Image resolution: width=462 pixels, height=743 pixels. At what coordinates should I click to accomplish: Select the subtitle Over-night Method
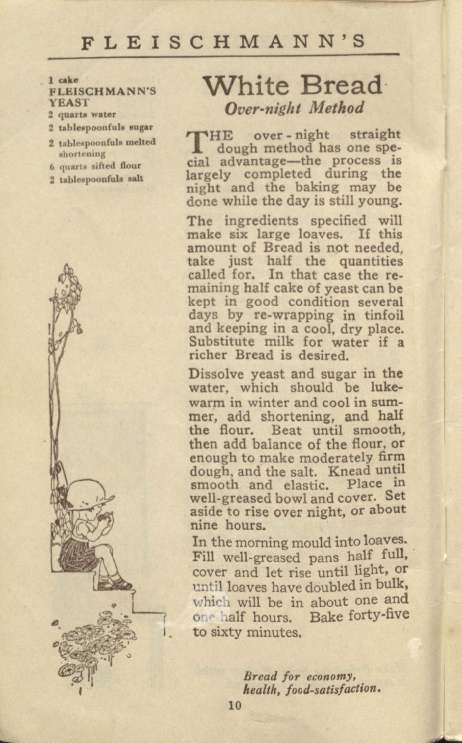[x=294, y=108]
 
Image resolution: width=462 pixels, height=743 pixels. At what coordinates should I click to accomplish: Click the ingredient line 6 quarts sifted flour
[x=95, y=166]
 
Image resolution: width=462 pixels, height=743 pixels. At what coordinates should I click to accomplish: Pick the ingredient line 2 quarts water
[x=83, y=115]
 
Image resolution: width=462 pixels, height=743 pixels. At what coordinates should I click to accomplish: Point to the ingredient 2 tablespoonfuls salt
[x=96, y=179]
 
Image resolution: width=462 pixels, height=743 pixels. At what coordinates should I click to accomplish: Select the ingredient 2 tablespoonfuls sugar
[x=101, y=128]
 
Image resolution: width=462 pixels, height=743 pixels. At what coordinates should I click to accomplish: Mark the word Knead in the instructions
[x=349, y=471]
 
